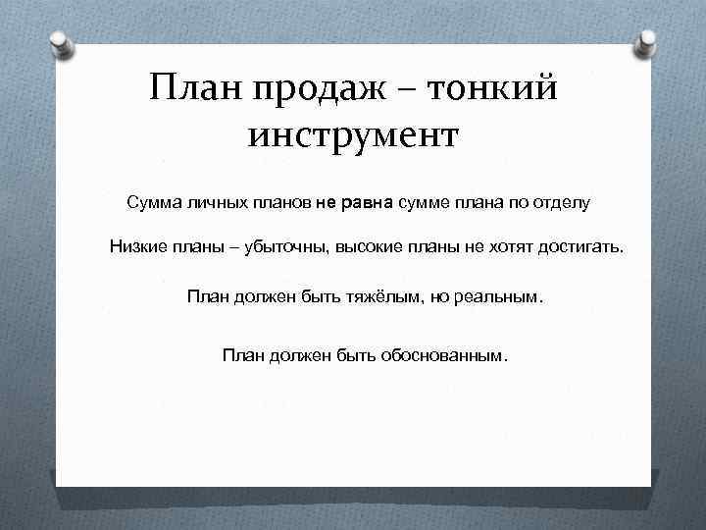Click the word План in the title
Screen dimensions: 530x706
pos(194,90)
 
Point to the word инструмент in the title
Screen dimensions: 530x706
pos(353,134)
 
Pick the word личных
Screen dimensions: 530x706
pos(216,203)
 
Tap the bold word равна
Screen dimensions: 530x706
pos(367,203)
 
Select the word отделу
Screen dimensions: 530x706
pos(562,203)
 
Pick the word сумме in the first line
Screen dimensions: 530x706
pos(421,203)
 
